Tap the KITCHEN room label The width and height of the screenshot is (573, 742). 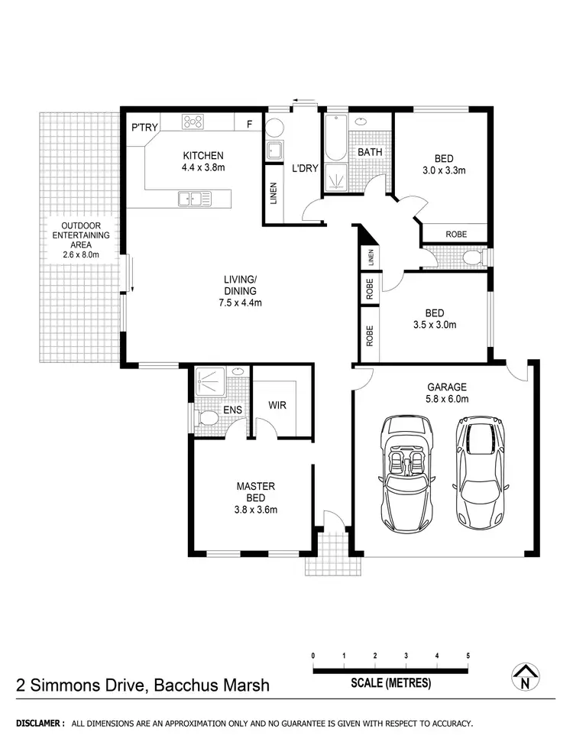[202, 155]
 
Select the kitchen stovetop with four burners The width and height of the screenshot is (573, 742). [193, 122]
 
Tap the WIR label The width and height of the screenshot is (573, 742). [277, 405]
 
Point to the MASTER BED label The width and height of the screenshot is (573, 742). [256, 491]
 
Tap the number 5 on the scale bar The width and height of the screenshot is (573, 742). [468, 656]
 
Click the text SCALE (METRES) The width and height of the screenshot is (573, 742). [391, 682]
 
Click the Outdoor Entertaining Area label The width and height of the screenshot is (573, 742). [80, 240]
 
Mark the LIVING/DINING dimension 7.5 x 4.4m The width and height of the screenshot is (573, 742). [240, 303]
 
